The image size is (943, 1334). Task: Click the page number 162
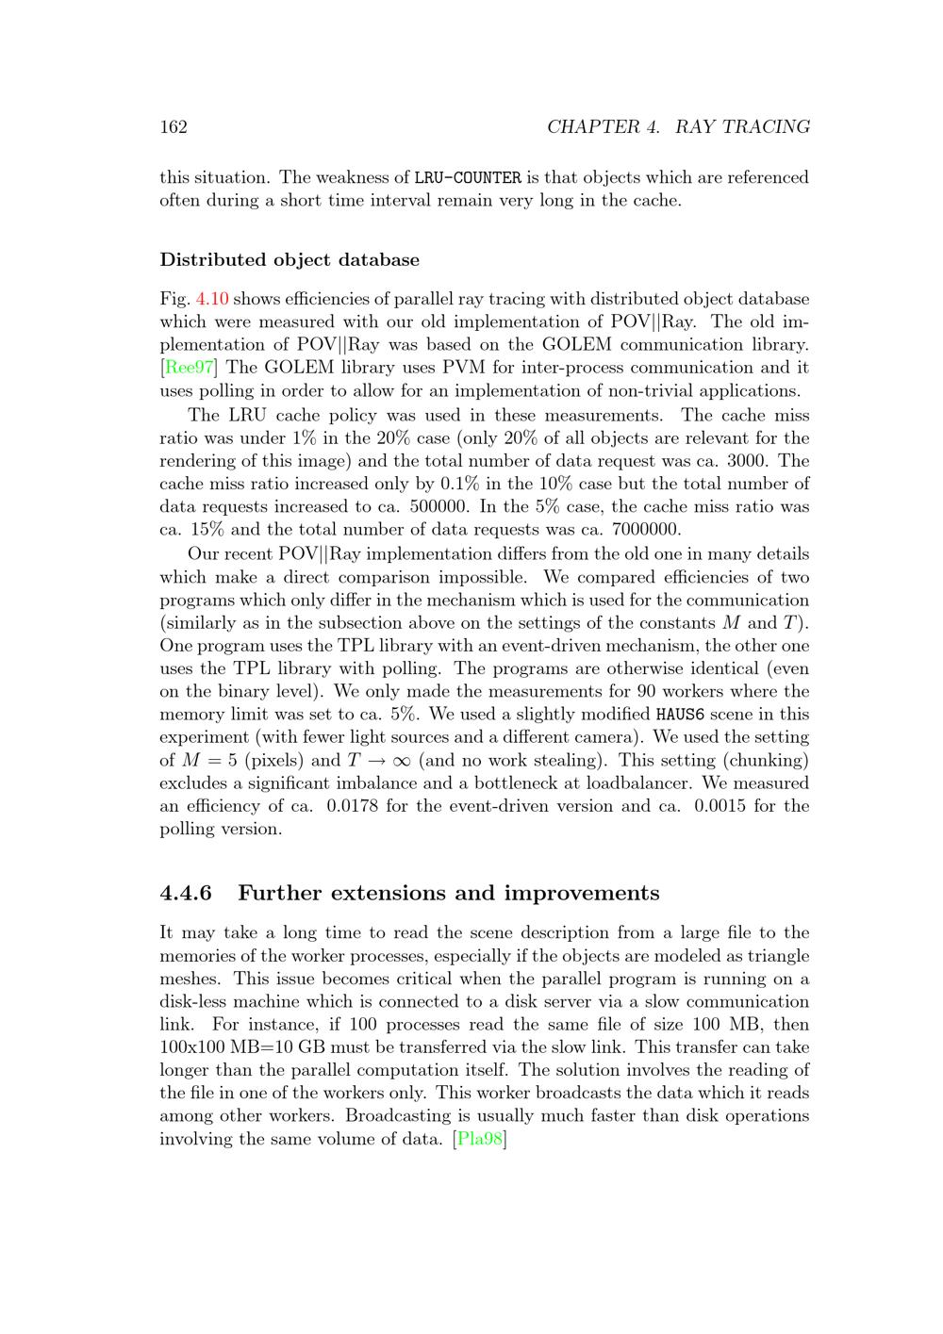click(x=174, y=127)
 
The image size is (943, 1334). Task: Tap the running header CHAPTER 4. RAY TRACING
click(x=678, y=127)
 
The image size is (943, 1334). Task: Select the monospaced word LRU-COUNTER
click(x=468, y=178)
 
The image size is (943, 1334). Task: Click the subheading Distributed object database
click(x=290, y=259)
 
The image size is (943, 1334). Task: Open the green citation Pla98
click(x=480, y=1139)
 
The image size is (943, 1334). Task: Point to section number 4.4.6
click(x=186, y=893)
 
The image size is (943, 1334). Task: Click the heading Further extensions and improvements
click(x=448, y=893)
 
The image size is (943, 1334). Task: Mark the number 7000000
click(x=646, y=530)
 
